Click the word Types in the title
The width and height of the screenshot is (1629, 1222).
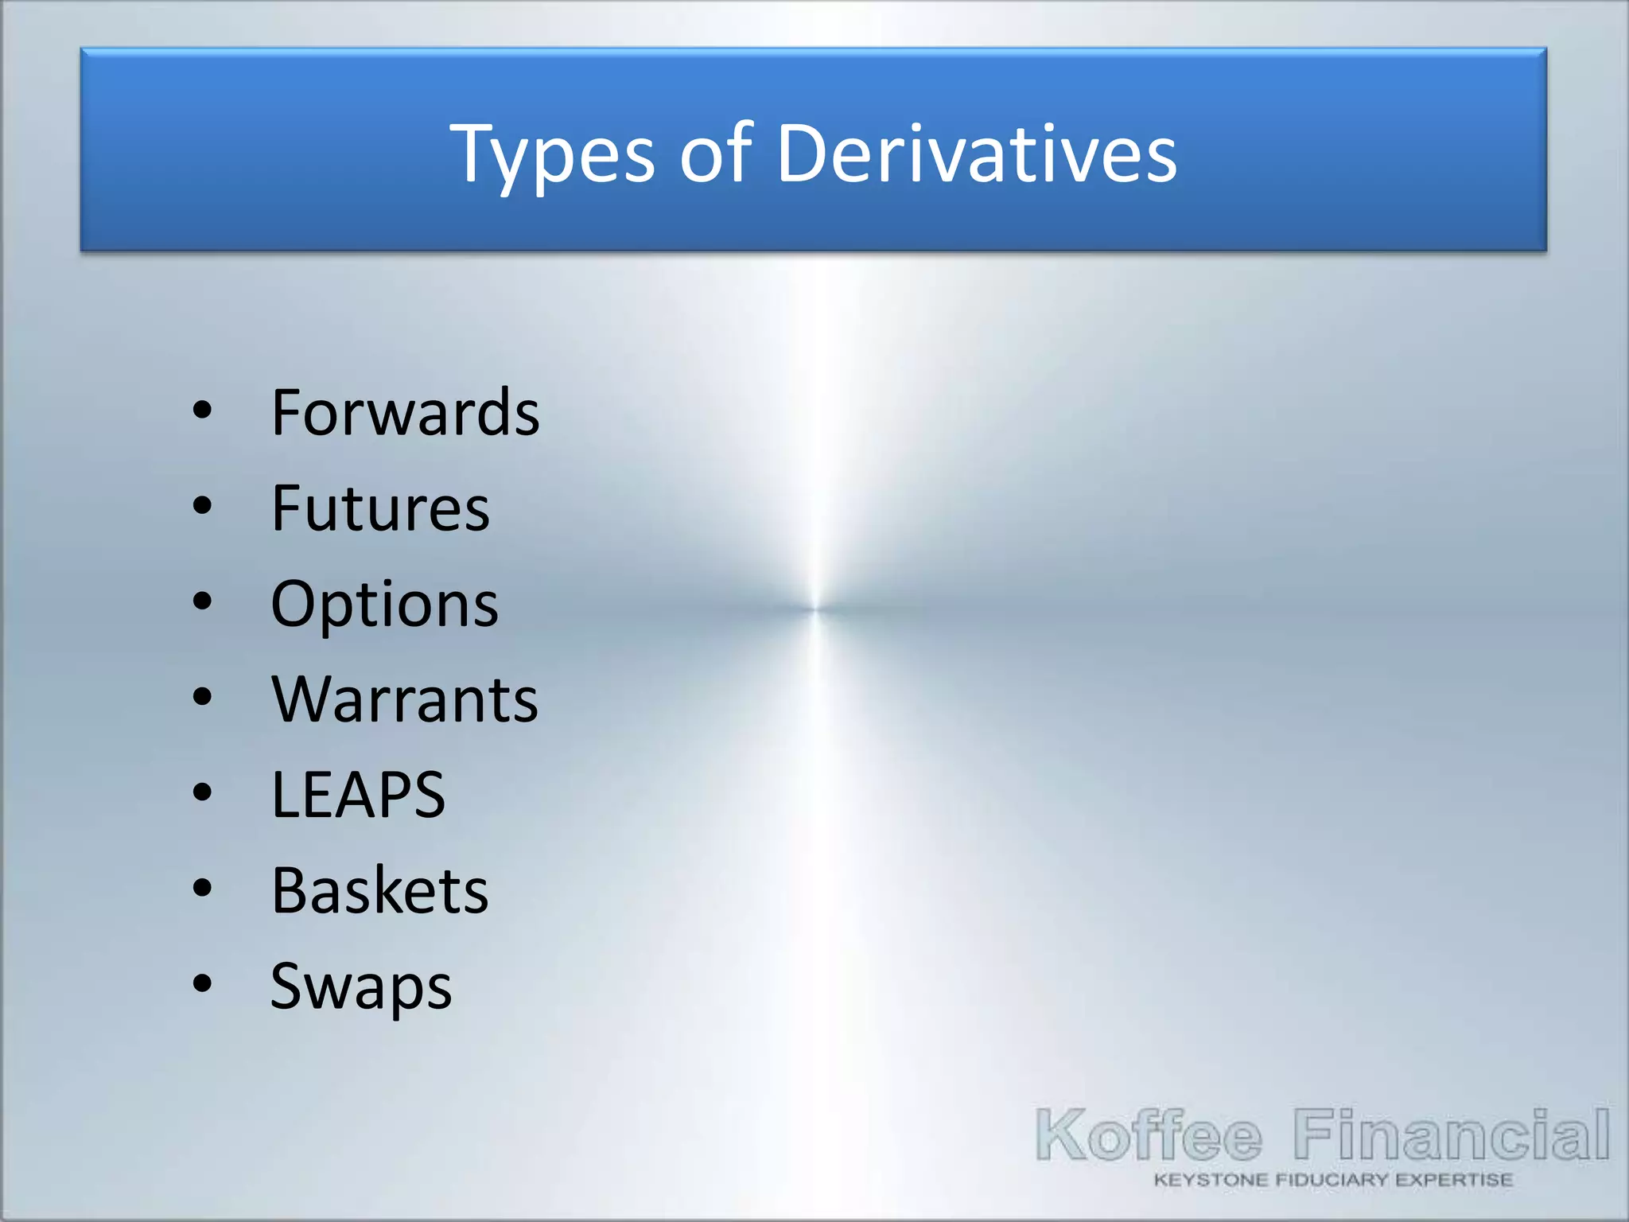tap(552, 155)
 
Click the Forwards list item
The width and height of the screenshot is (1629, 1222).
tap(405, 412)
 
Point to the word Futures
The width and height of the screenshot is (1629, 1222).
tap(380, 508)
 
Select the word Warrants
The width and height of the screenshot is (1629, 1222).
tap(405, 699)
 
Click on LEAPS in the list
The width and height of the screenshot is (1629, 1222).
tap(358, 795)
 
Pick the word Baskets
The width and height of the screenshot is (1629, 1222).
tap(379, 890)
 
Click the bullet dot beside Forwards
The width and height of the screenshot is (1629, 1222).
tap(203, 411)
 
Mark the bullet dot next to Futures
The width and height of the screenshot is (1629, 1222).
tap(203, 506)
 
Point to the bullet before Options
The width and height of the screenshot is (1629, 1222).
tap(203, 601)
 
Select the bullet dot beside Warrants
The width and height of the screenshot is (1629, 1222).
tap(203, 697)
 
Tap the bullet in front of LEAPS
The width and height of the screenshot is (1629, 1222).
tap(203, 792)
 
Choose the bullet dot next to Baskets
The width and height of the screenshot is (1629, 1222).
tap(203, 888)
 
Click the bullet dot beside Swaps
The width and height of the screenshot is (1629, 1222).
tap(203, 983)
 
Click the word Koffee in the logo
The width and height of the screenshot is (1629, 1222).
tap(1148, 1134)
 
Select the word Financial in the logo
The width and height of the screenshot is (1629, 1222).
tap(1451, 1134)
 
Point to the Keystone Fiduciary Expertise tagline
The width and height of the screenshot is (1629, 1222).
tap(1333, 1180)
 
